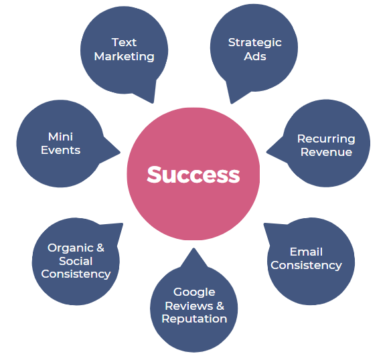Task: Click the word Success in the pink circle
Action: pyautogui.click(x=193, y=175)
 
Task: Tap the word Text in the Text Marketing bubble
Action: pyautogui.click(x=124, y=42)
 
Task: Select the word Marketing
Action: pyautogui.click(x=125, y=57)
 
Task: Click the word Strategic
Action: pyautogui.click(x=255, y=43)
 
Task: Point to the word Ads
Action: pyautogui.click(x=255, y=56)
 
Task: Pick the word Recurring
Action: pyautogui.click(x=326, y=139)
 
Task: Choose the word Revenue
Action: pyautogui.click(x=326, y=152)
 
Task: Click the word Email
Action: pyautogui.click(x=306, y=252)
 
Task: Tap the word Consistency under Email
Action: pyautogui.click(x=306, y=266)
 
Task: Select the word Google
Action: pyautogui.click(x=194, y=292)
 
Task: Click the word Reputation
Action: pyautogui.click(x=194, y=319)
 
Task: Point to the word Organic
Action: pyautogui.click(x=70, y=248)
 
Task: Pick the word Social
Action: pyautogui.click(x=76, y=261)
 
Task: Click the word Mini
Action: pyautogui.click(x=60, y=137)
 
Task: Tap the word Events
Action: pyautogui.click(x=60, y=151)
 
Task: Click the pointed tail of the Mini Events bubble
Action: pyautogui.click(x=120, y=153)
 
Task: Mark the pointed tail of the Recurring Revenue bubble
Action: pyautogui.click(x=266, y=152)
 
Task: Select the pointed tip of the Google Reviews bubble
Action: pyautogui.click(x=193, y=248)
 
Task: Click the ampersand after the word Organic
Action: pyautogui.click(x=100, y=248)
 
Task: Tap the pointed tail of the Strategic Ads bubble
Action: pyautogui.click(x=232, y=103)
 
